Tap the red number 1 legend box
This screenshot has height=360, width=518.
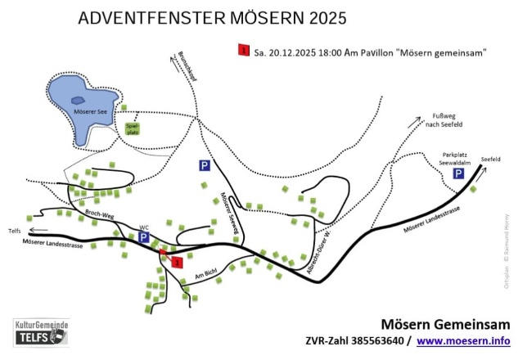tap(243, 52)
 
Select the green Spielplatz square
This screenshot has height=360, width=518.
tap(133, 128)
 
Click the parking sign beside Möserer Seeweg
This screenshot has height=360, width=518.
tap(205, 165)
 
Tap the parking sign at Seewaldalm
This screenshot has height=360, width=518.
tap(459, 173)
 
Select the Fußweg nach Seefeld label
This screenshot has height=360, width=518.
tap(447, 120)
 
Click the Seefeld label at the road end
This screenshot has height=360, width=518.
tap(490, 159)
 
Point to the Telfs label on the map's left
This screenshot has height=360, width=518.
tap(14, 232)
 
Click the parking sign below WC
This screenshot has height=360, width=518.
tap(143, 238)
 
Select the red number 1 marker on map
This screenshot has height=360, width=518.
tap(176, 262)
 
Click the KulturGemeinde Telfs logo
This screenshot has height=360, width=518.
tap(41, 332)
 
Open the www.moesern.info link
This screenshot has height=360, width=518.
tap(463, 340)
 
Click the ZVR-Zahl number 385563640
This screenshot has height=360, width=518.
tap(372, 340)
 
